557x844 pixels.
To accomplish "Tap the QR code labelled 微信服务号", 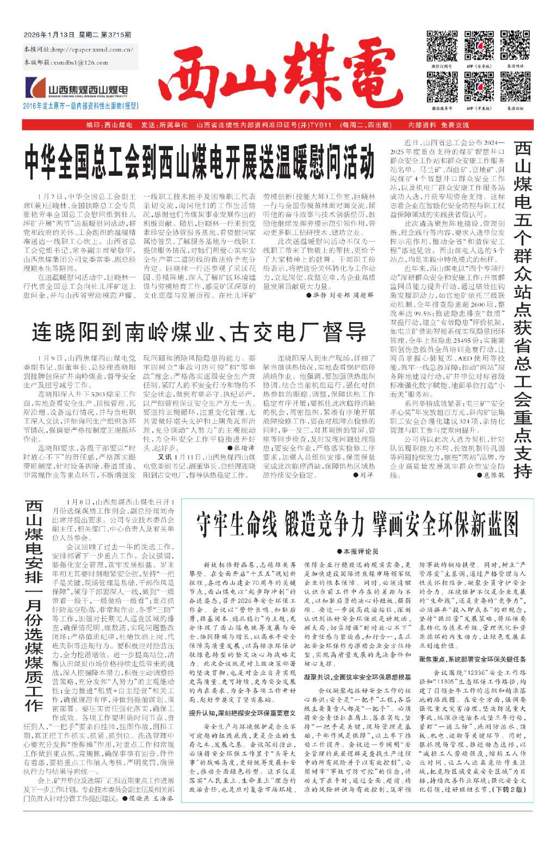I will tap(442, 87).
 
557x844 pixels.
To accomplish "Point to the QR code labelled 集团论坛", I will tap(515, 87).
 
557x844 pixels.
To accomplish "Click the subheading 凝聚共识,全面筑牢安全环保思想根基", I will tap(357, 677).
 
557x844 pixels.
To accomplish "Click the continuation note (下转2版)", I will tap(508, 789).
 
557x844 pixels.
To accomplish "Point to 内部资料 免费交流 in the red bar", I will tap(438, 125).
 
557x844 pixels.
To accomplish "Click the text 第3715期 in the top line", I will tap(116, 35).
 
